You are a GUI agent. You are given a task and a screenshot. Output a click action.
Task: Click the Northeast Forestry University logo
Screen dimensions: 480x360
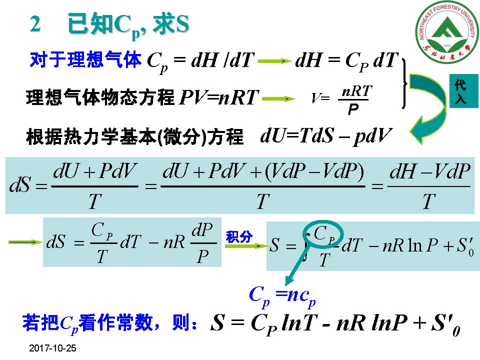click(x=444, y=33)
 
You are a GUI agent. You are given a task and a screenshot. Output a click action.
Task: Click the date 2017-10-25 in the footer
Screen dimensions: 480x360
click(x=52, y=348)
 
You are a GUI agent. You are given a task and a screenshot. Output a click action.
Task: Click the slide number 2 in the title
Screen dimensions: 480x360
click(x=35, y=24)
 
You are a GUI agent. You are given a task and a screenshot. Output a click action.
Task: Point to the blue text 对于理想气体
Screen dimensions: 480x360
click(x=86, y=60)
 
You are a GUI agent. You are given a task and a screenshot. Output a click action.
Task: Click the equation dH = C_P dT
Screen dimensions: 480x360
click(x=346, y=61)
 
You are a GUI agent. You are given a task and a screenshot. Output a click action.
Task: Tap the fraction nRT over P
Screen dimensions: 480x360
click(x=355, y=99)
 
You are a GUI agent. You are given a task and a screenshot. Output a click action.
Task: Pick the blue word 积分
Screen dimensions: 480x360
click(x=239, y=237)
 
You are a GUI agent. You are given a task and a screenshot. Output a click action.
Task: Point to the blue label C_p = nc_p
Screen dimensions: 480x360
click(x=282, y=295)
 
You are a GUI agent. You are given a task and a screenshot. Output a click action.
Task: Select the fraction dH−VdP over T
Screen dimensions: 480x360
click(x=429, y=186)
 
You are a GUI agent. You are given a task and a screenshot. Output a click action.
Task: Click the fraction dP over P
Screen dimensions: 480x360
click(x=202, y=242)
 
